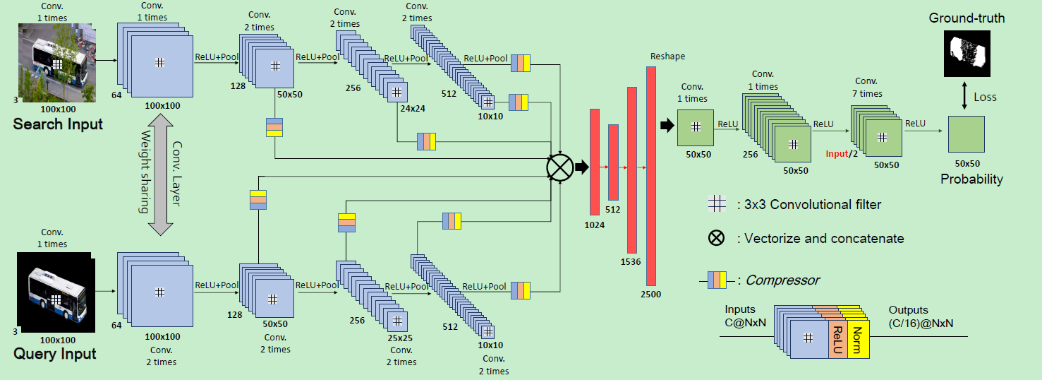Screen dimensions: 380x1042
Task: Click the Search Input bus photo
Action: click(54, 64)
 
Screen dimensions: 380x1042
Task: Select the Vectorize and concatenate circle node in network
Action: click(559, 167)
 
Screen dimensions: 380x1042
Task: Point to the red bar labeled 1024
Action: click(594, 162)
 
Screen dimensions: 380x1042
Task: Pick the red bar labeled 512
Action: click(613, 162)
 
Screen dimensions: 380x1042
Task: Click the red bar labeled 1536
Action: click(632, 170)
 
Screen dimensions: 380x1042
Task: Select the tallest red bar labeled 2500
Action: click(651, 175)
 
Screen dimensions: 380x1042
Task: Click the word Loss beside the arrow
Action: click(985, 97)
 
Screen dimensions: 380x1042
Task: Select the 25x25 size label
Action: click(400, 338)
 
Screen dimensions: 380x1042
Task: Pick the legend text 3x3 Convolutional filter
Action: click(808, 205)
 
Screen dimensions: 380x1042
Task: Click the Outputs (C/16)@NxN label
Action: click(919, 316)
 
